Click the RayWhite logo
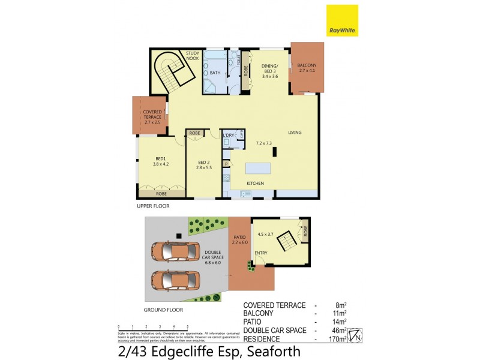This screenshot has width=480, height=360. (342, 20)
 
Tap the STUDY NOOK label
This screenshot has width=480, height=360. (193, 56)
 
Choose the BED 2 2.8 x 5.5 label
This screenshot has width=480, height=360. (203, 164)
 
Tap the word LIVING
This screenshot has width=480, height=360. (295, 133)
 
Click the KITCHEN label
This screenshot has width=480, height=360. (256, 183)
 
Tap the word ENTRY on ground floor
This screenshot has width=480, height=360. (260, 253)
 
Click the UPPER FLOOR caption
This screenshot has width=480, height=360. (153, 206)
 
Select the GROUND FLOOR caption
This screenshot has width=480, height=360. (163, 310)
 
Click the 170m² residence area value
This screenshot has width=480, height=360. (338, 338)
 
